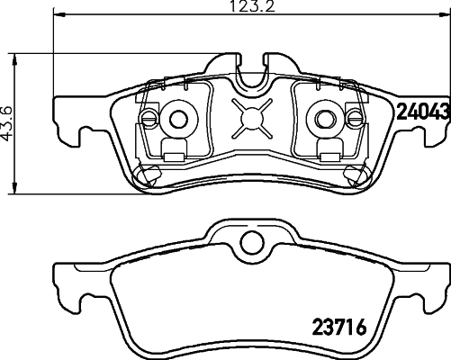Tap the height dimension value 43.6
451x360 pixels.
[x=9, y=123]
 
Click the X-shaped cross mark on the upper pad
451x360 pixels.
[x=251, y=117]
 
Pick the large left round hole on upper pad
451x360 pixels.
[x=178, y=117]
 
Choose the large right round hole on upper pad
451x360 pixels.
[x=322, y=117]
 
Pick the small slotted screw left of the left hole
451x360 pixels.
[x=149, y=117]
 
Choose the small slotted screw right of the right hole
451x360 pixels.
[x=353, y=117]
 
